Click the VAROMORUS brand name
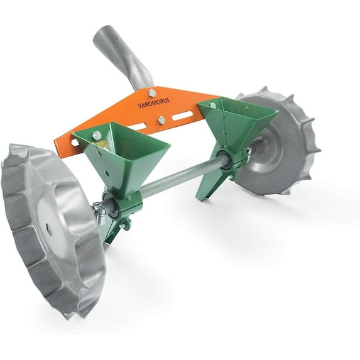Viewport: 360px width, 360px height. point(153,103)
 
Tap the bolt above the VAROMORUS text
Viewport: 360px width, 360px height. point(152,93)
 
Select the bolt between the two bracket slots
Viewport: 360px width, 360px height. point(161,120)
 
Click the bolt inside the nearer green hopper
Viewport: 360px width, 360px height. point(97,136)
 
